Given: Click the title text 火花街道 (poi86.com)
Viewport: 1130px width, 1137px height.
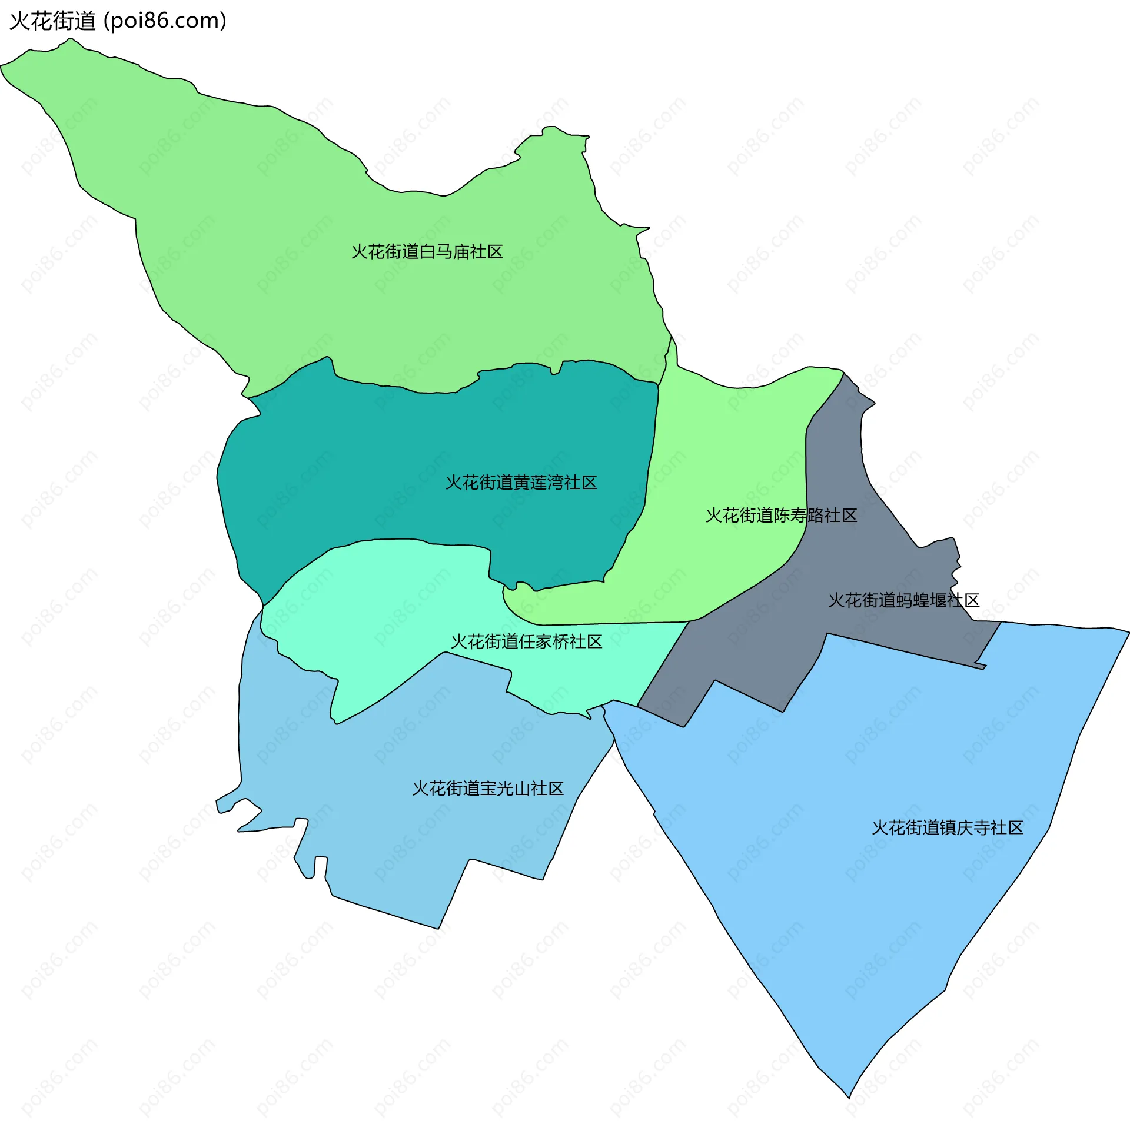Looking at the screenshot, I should [118, 21].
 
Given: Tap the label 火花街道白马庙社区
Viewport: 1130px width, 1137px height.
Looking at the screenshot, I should [427, 252].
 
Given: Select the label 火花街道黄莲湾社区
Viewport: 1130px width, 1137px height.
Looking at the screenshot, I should [521, 483].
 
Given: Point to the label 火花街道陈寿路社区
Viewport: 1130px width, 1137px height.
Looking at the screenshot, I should [781, 516].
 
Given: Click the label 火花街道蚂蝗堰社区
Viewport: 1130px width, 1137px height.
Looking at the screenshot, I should [903, 600].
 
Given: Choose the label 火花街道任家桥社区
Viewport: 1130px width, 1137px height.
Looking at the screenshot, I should [526, 641].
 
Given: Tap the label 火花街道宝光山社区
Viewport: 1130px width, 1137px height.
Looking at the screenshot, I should [488, 789].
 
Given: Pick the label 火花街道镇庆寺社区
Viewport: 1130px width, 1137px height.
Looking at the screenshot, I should [947, 828].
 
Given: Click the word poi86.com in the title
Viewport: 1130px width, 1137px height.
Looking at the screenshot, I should [165, 21].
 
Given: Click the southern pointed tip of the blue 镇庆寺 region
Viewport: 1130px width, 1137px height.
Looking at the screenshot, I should [849, 1097].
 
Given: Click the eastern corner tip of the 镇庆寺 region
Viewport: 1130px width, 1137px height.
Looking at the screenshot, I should [1128, 632].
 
